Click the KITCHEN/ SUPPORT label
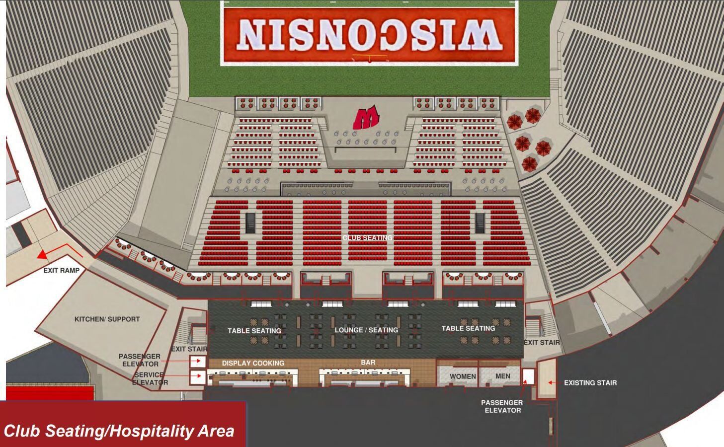click(107, 319)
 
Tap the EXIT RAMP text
click(61, 271)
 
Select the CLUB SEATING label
click(367, 238)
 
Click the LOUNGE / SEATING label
click(366, 330)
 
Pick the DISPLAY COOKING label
click(253, 363)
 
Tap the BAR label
click(368, 363)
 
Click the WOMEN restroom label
click(463, 376)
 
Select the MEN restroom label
click(502, 376)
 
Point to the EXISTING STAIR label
click(590, 383)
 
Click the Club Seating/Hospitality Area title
click(119, 431)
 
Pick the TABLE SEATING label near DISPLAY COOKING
click(254, 330)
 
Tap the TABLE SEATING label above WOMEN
click(468, 328)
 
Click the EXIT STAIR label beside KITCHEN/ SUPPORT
click(189, 349)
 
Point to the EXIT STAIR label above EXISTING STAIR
click(542, 342)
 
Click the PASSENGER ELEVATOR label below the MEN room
click(502, 406)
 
